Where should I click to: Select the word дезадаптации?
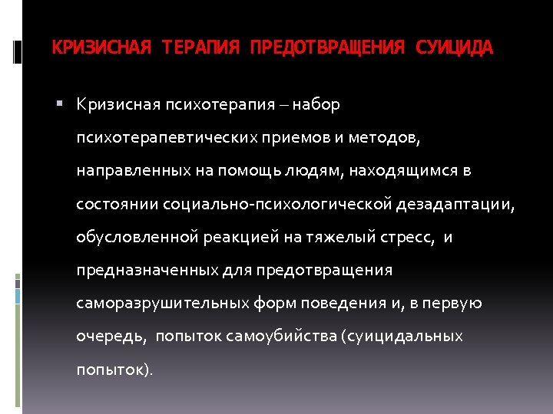tap(455, 204)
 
